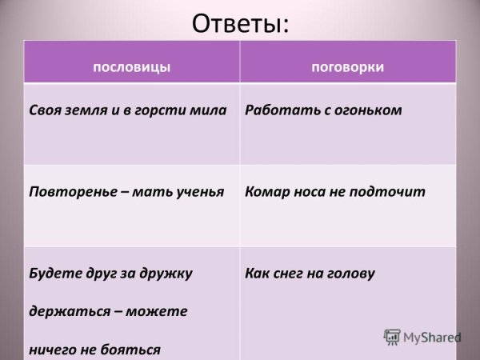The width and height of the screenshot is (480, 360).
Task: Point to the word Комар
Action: (x=265, y=192)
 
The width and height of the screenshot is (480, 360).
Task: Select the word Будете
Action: (x=51, y=274)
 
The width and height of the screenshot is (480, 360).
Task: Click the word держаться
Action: (x=65, y=311)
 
